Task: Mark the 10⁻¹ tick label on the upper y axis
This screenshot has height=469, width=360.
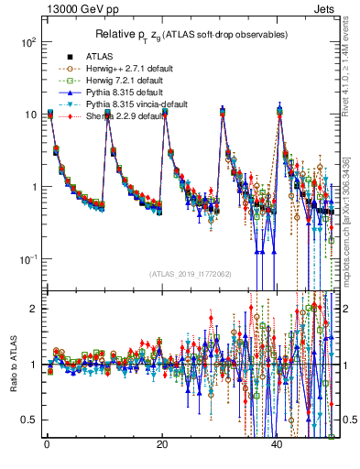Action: click(27, 259)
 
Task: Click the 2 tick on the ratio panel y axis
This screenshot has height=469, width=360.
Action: click(34, 309)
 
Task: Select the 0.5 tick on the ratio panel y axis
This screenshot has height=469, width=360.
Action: click(30, 420)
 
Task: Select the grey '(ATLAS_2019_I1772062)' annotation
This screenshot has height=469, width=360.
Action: click(190, 274)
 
